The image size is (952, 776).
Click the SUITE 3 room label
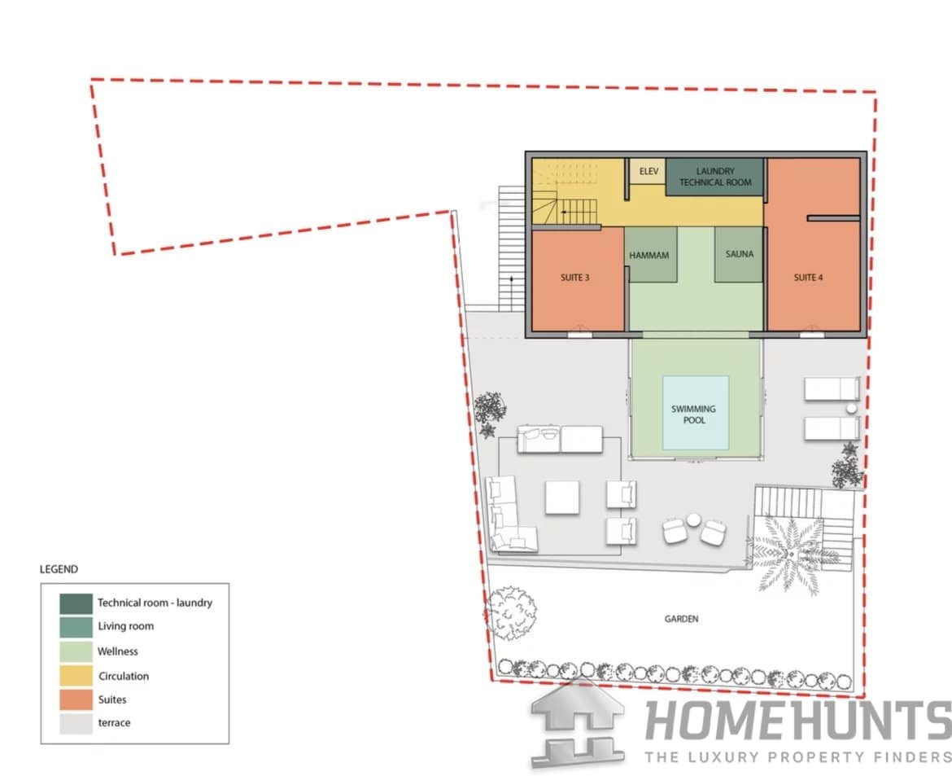pos(574,278)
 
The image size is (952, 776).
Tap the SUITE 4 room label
pos(808,278)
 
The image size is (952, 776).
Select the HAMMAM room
pos(650,255)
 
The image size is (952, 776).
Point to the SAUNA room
pos(738,255)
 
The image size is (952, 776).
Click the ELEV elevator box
pos(648,171)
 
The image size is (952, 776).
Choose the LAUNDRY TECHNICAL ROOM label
pos(715,177)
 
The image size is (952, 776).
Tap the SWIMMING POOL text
pos(694,414)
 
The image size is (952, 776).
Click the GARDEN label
pos(681,619)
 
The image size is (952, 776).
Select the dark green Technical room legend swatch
pos(76,603)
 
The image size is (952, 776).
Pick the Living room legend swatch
pos(76,627)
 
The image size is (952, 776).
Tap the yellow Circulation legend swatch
pos(76,676)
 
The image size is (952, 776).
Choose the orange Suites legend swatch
pos(76,699)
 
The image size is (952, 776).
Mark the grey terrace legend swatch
pos(76,723)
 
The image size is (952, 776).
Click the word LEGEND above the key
pos(59,569)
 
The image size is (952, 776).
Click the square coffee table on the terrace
pos(561,498)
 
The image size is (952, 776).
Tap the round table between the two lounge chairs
pos(693,520)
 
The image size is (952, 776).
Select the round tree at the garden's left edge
pos(510,613)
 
